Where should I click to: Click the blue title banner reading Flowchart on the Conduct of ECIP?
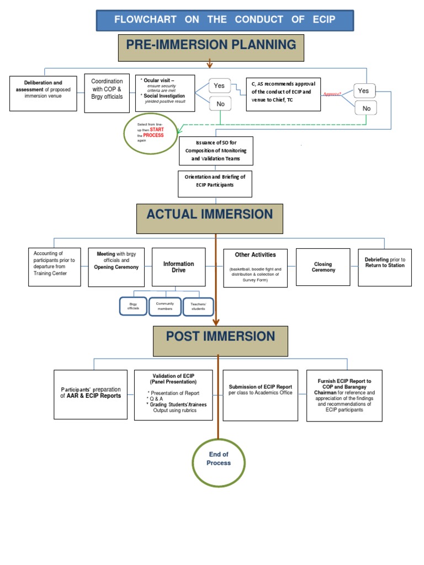coord(225,20)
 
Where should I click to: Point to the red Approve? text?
coord(332,94)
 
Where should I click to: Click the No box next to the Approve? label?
coord(366,109)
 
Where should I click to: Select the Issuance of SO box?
coord(216,151)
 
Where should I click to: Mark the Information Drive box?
coord(178,267)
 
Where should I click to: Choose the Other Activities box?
coord(255,268)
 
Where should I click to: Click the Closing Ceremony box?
coord(323,267)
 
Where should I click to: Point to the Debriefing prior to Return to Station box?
coord(384,266)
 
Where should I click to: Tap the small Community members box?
coord(165,306)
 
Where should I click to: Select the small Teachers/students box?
coord(198,307)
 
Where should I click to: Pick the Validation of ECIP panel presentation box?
coord(173,395)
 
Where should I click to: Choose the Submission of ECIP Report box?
coord(260,395)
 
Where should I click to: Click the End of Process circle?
coord(219,459)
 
